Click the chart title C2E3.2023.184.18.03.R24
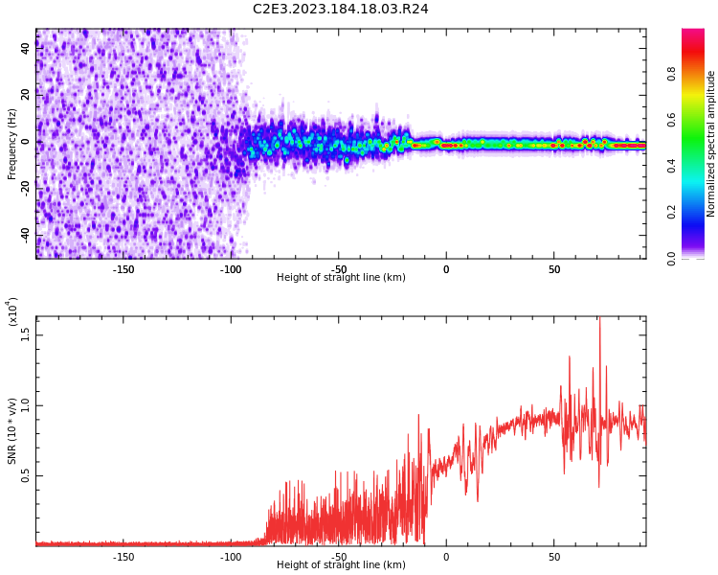click(x=341, y=9)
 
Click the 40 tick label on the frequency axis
click(x=26, y=48)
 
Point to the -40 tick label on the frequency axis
click(x=26, y=235)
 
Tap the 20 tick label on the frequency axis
click(x=26, y=95)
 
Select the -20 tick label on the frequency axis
click(x=26, y=188)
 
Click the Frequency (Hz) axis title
click(x=12, y=144)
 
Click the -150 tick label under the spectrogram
click(x=123, y=269)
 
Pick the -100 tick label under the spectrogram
click(x=231, y=269)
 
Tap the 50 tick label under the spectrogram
click(x=553, y=269)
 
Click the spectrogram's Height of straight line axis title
click(x=341, y=278)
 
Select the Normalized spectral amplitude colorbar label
click(x=711, y=144)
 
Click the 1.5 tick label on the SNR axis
click(x=26, y=333)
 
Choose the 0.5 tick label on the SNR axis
click(x=26, y=475)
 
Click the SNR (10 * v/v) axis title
click(x=12, y=431)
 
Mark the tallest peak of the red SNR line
click(x=600, y=319)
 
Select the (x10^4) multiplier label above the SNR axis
click(x=13, y=311)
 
